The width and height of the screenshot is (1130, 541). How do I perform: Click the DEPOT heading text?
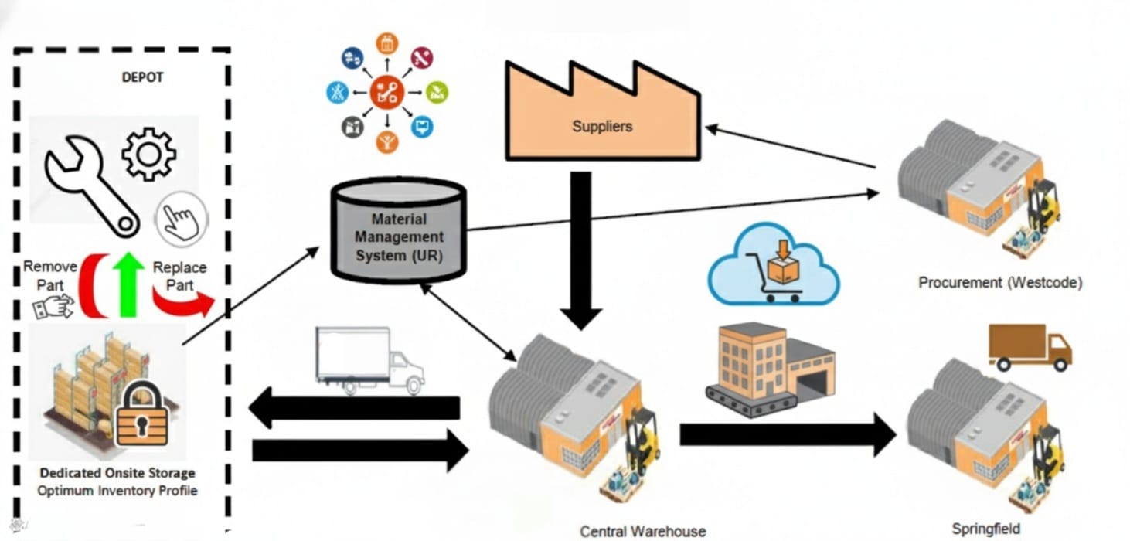click(142, 78)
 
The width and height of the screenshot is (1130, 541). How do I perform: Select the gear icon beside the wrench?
click(148, 153)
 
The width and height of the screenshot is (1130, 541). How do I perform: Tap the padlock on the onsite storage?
click(141, 417)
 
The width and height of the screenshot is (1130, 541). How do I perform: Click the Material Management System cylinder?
click(398, 230)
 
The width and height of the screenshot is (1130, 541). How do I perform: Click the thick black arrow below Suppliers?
click(580, 247)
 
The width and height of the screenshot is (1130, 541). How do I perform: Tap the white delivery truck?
click(369, 360)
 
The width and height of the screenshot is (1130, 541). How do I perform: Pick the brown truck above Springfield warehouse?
click(1029, 347)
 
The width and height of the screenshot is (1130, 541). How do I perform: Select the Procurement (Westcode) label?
click(999, 283)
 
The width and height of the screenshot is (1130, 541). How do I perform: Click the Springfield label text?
click(985, 529)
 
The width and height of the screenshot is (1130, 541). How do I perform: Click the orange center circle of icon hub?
click(386, 93)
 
